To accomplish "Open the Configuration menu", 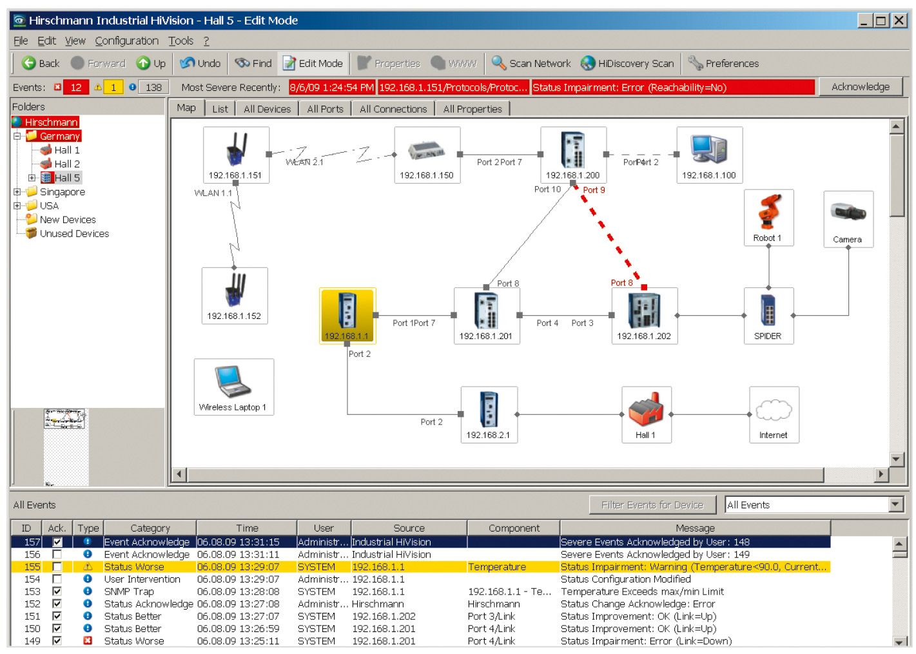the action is click(127, 41).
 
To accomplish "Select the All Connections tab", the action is click(393, 109).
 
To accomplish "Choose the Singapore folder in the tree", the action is click(62, 192).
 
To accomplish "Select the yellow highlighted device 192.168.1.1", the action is click(347, 316).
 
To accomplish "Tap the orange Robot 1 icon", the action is click(769, 212).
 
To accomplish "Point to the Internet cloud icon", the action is click(774, 410).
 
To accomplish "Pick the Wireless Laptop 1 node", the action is click(233, 387).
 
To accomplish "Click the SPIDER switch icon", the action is click(768, 309).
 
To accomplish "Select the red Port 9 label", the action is click(594, 190).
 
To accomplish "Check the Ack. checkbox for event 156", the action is click(57, 555).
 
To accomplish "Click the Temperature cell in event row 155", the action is click(497, 567).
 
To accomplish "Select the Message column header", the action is click(695, 528).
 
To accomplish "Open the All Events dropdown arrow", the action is click(895, 505).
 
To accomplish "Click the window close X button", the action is click(899, 20).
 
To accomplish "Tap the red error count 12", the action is click(76, 88).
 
